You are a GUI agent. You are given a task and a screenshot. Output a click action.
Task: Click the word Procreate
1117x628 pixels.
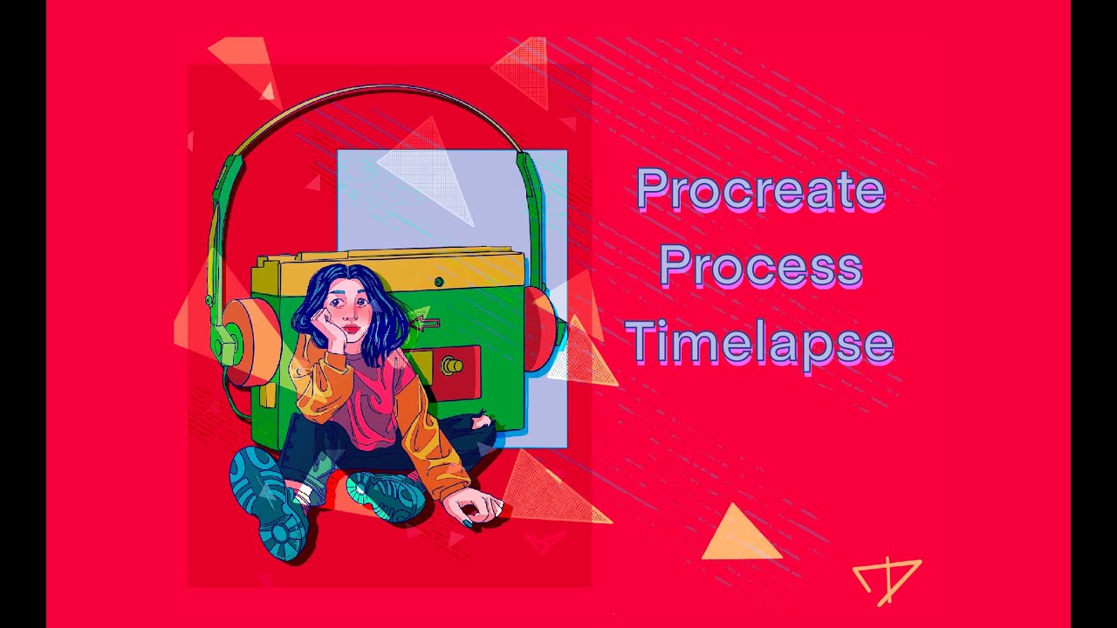click(760, 189)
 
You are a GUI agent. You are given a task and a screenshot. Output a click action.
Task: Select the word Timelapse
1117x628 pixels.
click(759, 342)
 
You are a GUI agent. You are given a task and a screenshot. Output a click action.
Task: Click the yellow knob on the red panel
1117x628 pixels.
click(452, 365)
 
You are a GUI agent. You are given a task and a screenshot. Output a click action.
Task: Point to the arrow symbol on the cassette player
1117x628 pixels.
click(423, 324)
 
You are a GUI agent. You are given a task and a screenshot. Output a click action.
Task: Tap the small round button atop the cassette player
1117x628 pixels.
click(439, 282)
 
